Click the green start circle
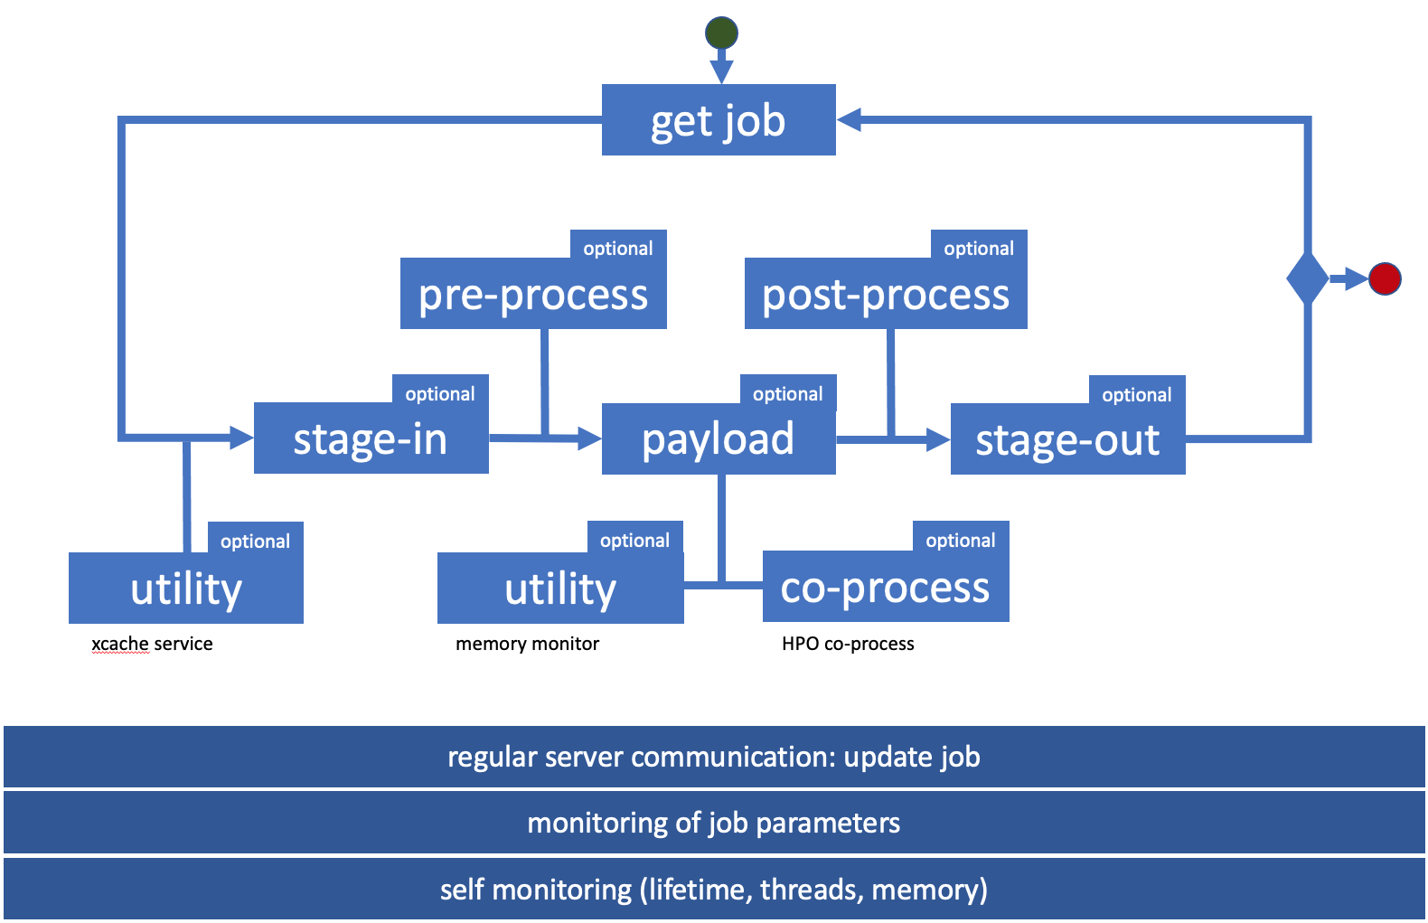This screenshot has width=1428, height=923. point(721,33)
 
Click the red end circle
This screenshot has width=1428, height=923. point(1385,278)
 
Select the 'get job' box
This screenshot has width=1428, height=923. point(719,120)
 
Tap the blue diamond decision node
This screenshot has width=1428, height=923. point(1307,278)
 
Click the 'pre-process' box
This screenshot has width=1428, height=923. point(533,295)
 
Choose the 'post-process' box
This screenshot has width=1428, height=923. point(885,295)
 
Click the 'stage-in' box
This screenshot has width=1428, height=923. point(371,439)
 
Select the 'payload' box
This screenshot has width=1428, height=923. point(719,439)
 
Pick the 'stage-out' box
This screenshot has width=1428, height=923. point(1067,440)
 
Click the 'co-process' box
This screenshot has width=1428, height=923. point(885,588)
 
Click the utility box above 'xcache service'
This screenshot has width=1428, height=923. point(186,589)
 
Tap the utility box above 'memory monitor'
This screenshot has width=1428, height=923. point(560,589)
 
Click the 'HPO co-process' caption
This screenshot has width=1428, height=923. point(848,644)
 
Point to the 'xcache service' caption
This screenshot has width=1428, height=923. point(152,644)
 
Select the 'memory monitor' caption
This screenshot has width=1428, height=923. point(527,644)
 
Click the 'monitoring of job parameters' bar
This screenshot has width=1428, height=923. point(714,823)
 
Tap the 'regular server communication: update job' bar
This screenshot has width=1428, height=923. point(714,757)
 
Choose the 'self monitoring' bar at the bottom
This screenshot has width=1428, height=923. point(714,890)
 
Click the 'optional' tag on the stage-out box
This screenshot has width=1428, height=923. point(1136,394)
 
